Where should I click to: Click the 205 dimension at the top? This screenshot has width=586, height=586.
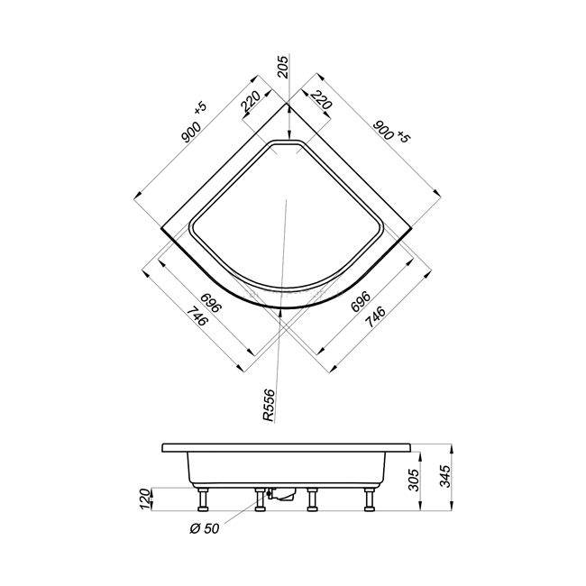(284, 67)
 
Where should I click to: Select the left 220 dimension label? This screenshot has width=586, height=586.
(252, 102)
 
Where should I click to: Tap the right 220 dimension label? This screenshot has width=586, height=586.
(321, 100)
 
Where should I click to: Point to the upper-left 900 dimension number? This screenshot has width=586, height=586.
(191, 133)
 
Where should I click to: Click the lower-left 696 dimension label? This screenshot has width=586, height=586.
(211, 303)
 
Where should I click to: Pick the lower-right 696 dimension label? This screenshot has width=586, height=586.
(361, 302)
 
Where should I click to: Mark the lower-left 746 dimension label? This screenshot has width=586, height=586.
(197, 316)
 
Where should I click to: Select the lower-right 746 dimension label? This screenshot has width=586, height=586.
(375, 317)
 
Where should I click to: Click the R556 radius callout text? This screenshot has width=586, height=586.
(269, 406)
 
